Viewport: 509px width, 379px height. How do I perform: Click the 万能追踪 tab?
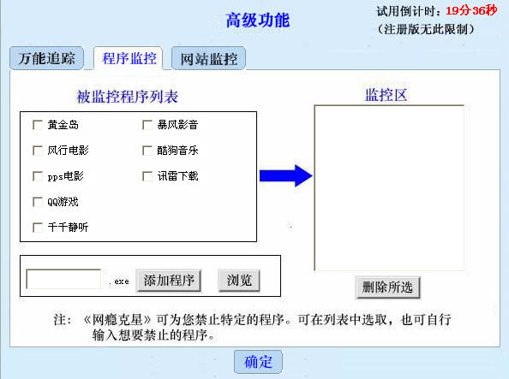pyautogui.click(x=46, y=58)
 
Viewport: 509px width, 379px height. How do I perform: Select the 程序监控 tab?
pyautogui.click(x=129, y=58)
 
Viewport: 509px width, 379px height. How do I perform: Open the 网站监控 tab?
pyautogui.click(x=208, y=58)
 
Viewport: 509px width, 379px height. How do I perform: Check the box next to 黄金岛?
pyautogui.click(x=38, y=125)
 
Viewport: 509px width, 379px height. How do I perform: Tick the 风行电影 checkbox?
pyautogui.click(x=38, y=151)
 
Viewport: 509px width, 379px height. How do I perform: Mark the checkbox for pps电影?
pyautogui.click(x=38, y=176)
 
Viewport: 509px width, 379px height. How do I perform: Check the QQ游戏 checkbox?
pyautogui.click(x=38, y=202)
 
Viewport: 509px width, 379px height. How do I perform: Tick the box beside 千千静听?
pyautogui.click(x=38, y=228)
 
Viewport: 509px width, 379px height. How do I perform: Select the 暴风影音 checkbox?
pyautogui.click(x=147, y=125)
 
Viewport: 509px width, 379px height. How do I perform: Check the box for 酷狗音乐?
pyautogui.click(x=147, y=151)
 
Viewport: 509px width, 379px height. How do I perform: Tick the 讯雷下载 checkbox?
pyautogui.click(x=147, y=176)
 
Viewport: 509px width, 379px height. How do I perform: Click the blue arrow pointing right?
pyautogui.click(x=285, y=175)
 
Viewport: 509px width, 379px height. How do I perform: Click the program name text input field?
pyautogui.click(x=63, y=279)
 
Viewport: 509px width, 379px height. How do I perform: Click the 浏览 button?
pyautogui.click(x=239, y=281)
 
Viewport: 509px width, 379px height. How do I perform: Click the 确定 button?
pyautogui.click(x=258, y=362)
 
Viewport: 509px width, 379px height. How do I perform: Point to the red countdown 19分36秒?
pyautogui.click(x=471, y=11)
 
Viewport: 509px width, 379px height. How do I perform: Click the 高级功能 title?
pyautogui.click(x=258, y=21)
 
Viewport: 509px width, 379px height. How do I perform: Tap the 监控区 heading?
pyautogui.click(x=386, y=95)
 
